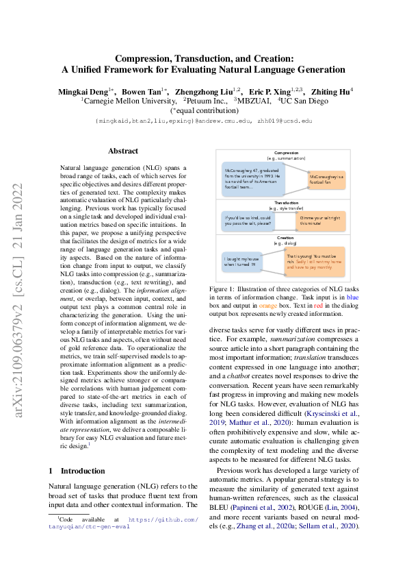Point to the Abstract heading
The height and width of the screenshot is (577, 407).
click(123, 151)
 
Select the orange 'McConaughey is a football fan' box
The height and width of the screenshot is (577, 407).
click(326, 180)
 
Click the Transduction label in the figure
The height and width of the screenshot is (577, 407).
click(286, 203)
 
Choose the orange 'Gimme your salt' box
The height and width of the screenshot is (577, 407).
click(321, 220)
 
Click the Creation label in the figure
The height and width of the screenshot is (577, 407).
click(286, 238)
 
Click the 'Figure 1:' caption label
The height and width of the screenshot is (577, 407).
click(223, 290)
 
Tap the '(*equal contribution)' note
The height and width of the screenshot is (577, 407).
click(202, 110)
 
